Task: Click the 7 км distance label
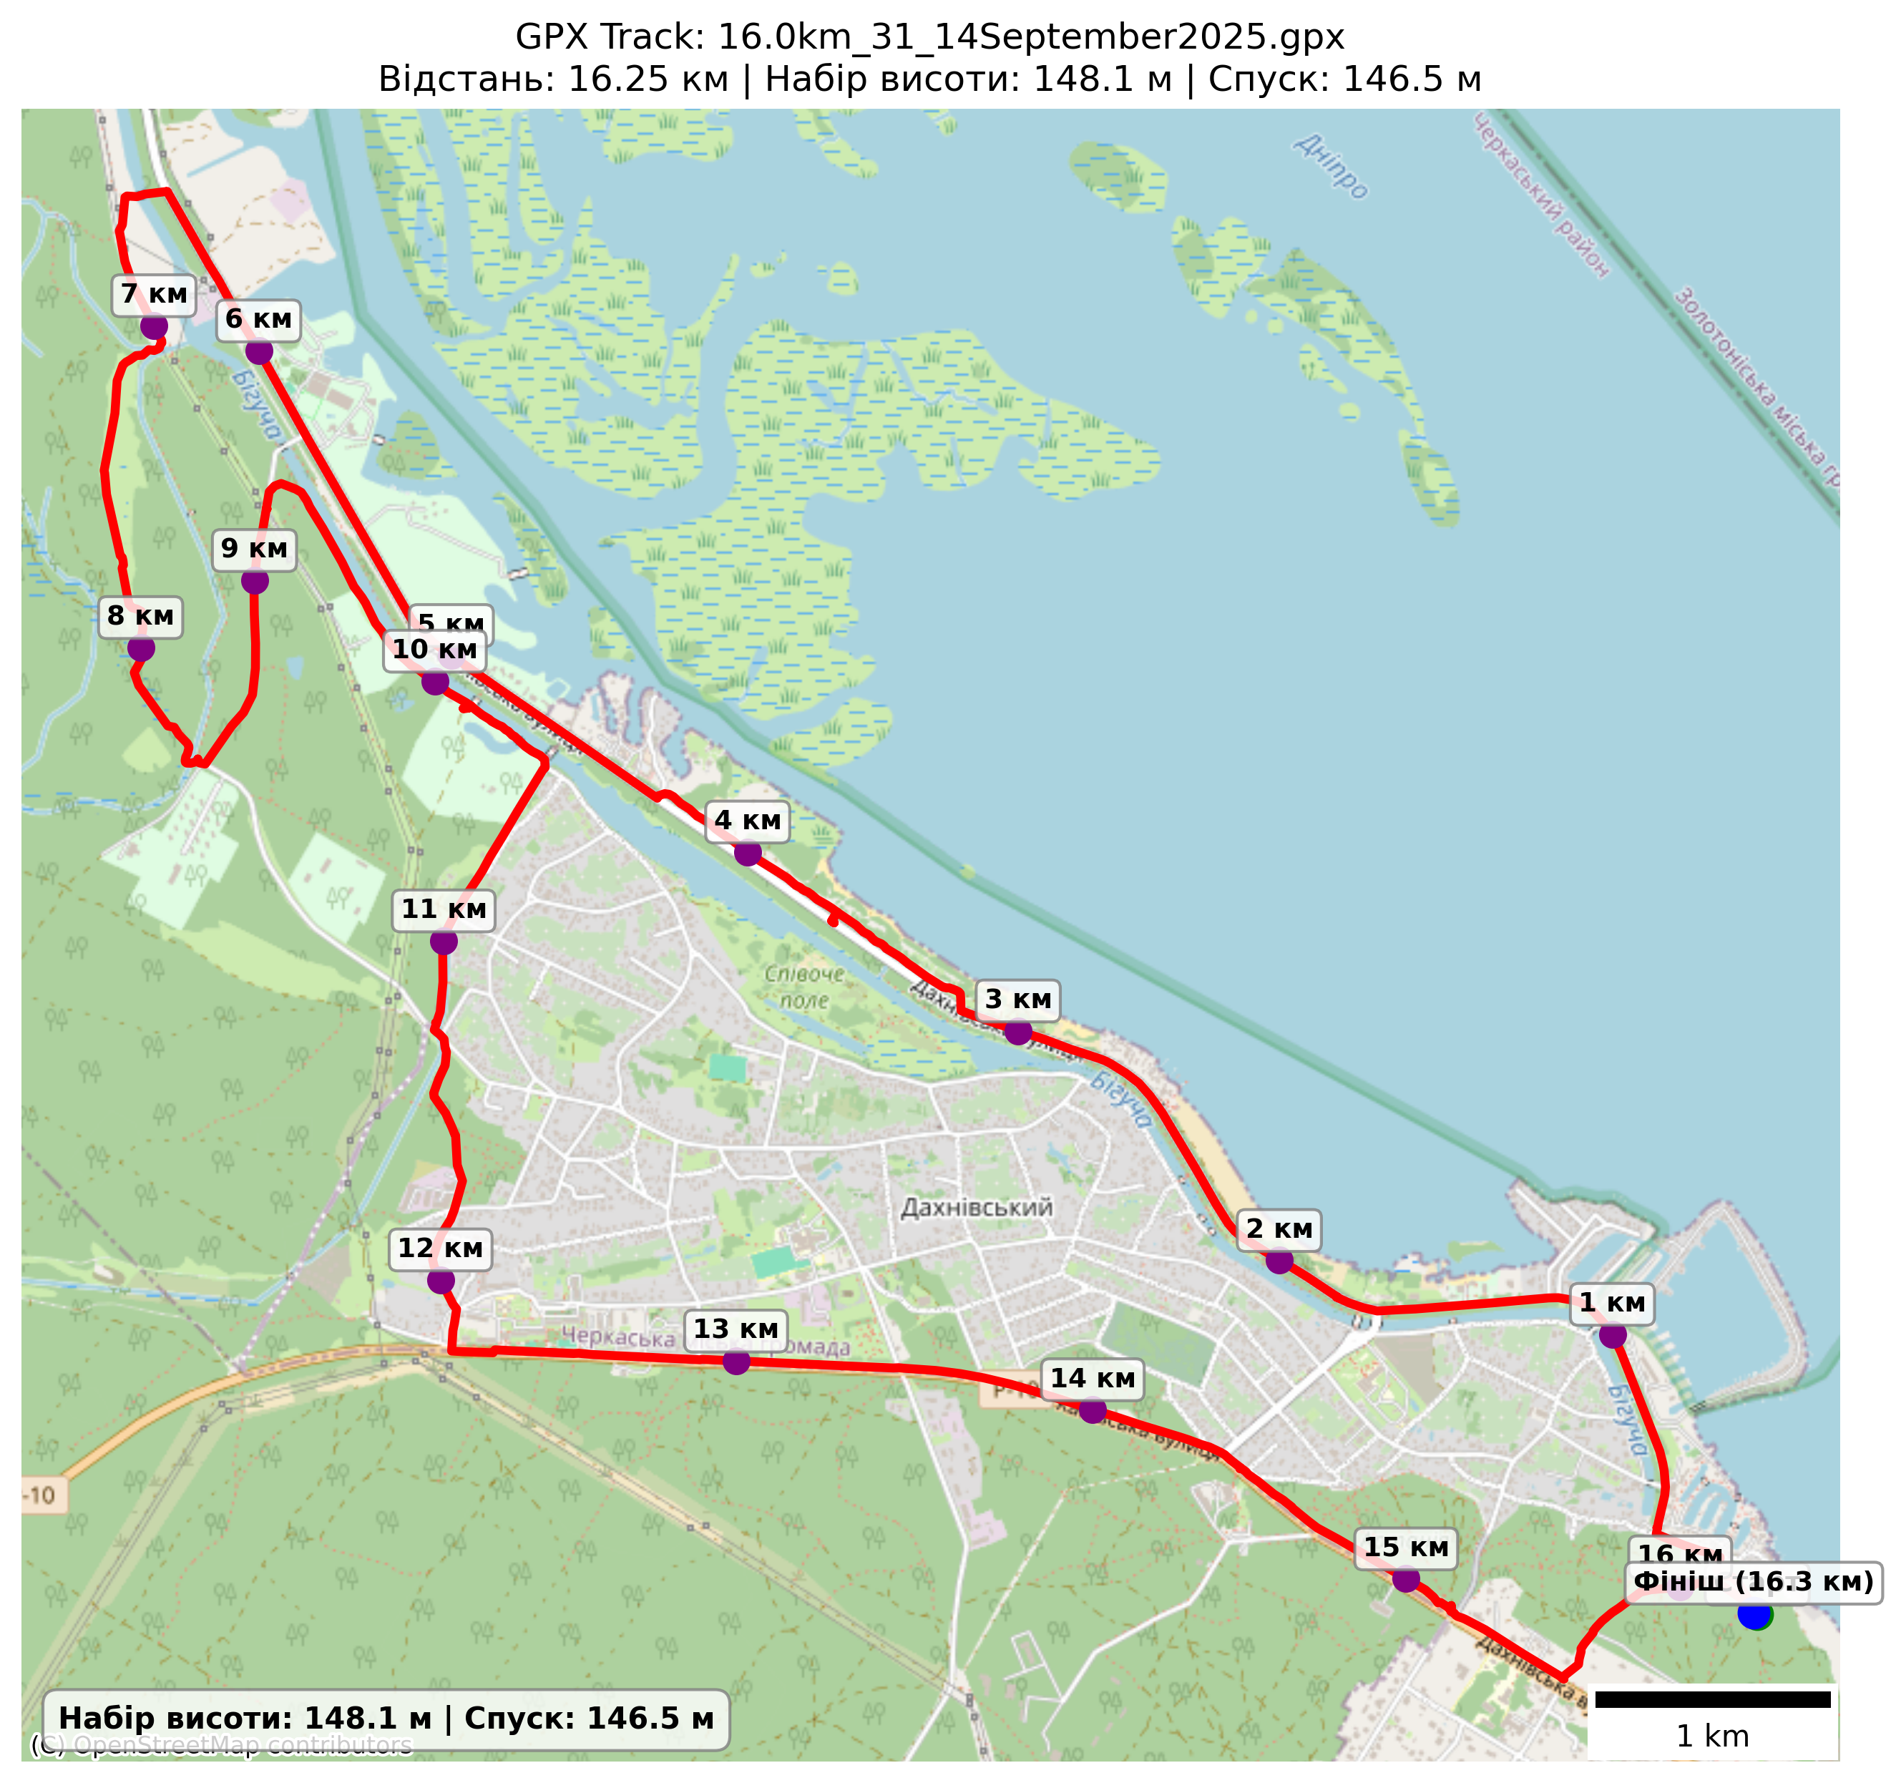pyautogui.click(x=155, y=295)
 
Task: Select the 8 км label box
pyautogui.click(x=140, y=616)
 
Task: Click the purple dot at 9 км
pyautogui.click(x=255, y=581)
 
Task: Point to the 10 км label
pyautogui.click(x=435, y=650)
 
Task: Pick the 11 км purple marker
pyautogui.click(x=444, y=942)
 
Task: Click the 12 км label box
pyautogui.click(x=440, y=1249)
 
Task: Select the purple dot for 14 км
pyautogui.click(x=1093, y=1410)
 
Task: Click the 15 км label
pyautogui.click(x=1406, y=1548)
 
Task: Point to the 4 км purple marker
pyautogui.click(x=748, y=853)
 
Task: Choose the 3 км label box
pyautogui.click(x=1017, y=1000)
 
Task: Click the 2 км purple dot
pyautogui.click(x=1279, y=1261)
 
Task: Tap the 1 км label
pyautogui.click(x=1612, y=1303)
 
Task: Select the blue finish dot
pyautogui.click(x=1755, y=1614)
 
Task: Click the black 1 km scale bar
pyautogui.click(x=1713, y=1699)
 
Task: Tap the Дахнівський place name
pyautogui.click(x=977, y=1208)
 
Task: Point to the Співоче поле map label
pyautogui.click(x=804, y=987)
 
